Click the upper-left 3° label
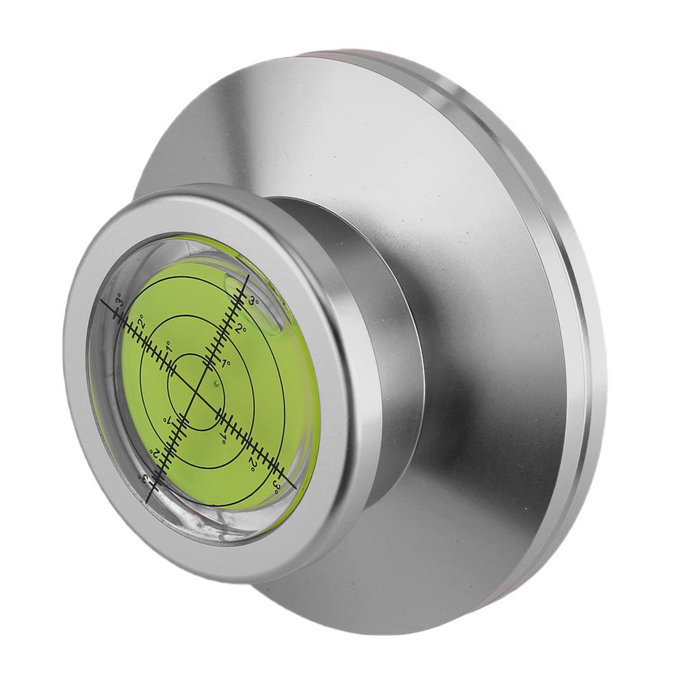[x=119, y=301]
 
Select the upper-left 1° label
[x=170, y=350]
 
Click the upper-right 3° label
[x=255, y=301]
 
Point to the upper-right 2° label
[x=241, y=328]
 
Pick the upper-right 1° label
[x=226, y=363]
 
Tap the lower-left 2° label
[x=154, y=452]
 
